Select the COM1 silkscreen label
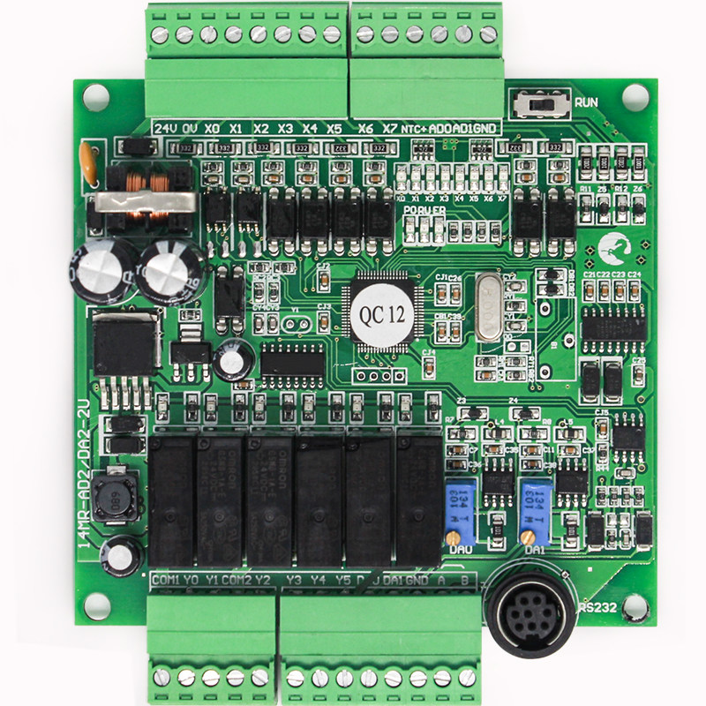[165, 580]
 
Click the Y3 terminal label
[295, 580]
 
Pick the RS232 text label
[597, 607]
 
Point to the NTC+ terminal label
[416, 129]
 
